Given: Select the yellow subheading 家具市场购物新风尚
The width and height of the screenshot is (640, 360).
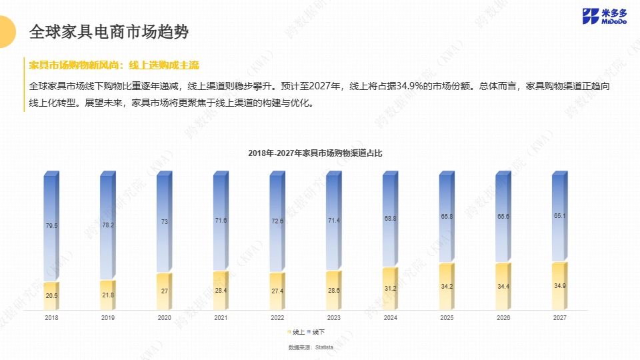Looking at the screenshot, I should click(x=74, y=65).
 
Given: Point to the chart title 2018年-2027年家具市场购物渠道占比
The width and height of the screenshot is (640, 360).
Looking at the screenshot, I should click(x=315, y=153).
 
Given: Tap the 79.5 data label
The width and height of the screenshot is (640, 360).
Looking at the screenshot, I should click(x=51, y=226).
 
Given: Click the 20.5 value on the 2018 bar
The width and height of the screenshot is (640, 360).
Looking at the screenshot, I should click(x=51, y=295).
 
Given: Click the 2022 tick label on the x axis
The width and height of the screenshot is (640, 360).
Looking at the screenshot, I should click(x=277, y=318).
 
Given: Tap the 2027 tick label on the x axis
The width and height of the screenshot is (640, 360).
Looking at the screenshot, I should click(x=559, y=318).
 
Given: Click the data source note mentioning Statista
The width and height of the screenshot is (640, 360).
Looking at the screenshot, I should click(x=320, y=348).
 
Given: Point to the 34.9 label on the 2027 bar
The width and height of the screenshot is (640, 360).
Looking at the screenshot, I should click(x=560, y=285).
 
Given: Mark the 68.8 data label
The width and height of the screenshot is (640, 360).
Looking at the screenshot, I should click(x=391, y=218).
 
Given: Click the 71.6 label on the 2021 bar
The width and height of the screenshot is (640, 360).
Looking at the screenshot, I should click(x=221, y=220).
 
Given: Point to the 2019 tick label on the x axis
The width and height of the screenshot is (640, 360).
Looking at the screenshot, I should click(x=108, y=318).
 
